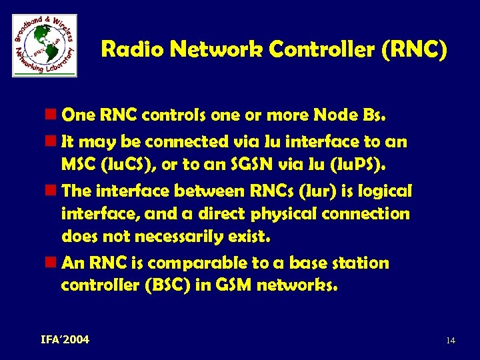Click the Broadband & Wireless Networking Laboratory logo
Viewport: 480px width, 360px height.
45,45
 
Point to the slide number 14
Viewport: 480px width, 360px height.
451,341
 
